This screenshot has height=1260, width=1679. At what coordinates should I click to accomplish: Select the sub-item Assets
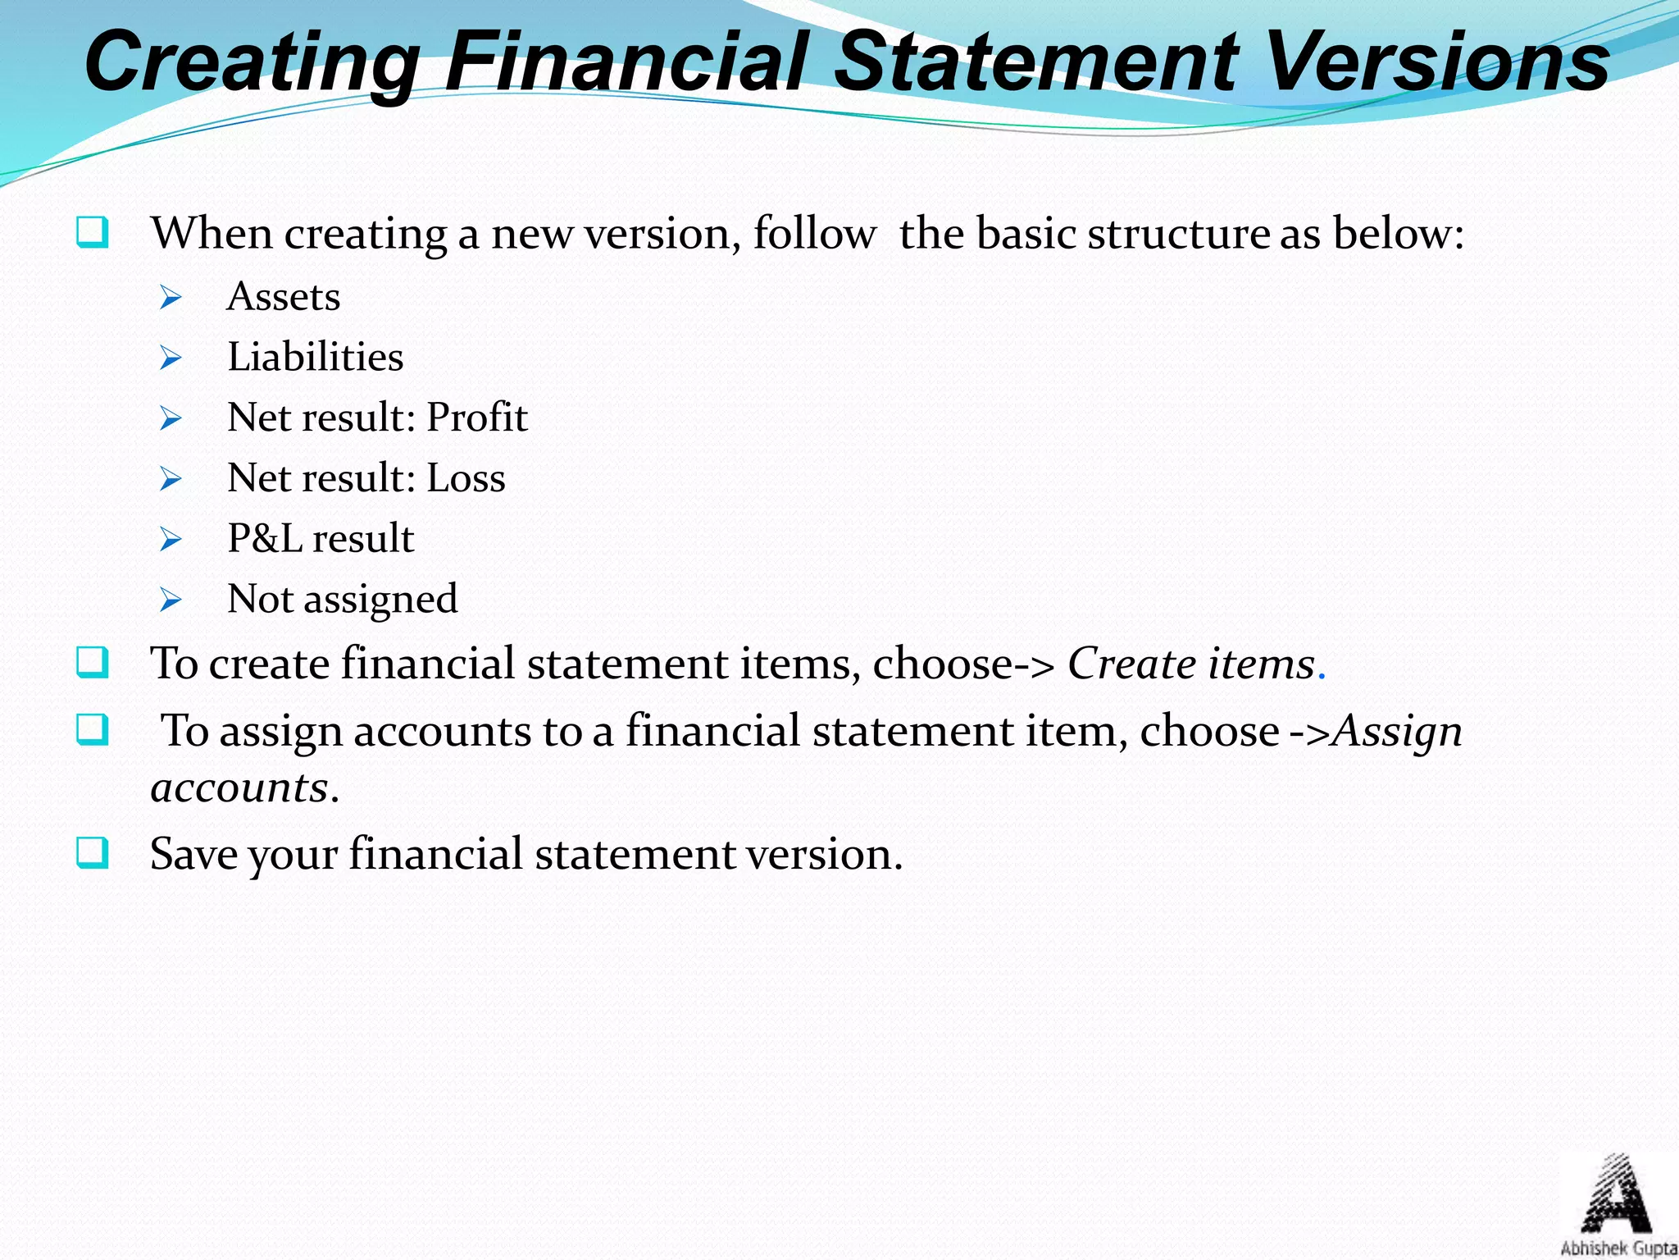point(284,297)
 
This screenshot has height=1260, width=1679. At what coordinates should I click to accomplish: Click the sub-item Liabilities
point(316,358)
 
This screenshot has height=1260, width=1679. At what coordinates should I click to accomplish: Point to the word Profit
point(477,418)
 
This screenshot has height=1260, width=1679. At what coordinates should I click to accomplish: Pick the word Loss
point(466,478)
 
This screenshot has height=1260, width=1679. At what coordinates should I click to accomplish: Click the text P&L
point(265,539)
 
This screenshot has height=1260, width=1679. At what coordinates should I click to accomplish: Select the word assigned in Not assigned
point(380,600)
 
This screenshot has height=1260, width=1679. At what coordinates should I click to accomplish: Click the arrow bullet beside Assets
point(171,298)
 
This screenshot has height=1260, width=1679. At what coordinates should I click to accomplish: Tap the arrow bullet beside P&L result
point(171,540)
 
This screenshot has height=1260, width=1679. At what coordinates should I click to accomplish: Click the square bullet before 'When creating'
point(92,233)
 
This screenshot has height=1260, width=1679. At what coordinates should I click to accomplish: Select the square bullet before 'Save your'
point(92,853)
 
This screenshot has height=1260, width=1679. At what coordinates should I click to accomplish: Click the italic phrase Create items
point(1191,664)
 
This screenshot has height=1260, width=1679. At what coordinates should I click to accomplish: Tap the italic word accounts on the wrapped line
point(239,788)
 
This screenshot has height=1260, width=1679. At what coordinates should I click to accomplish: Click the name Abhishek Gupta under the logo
point(1618,1249)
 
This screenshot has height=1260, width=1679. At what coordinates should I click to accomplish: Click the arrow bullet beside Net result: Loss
point(171,479)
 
